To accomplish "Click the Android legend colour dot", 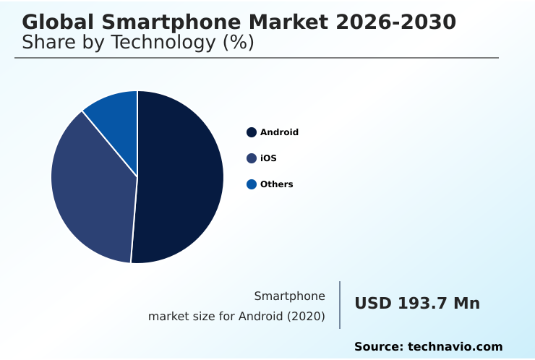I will pyautogui.click(x=252, y=132).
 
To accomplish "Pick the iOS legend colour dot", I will pyautogui.click(x=252, y=158).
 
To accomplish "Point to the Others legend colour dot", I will pyautogui.click(x=252, y=184).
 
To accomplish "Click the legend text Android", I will pyautogui.click(x=279, y=132).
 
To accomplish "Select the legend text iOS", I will pyautogui.click(x=268, y=158).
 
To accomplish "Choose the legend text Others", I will pyautogui.click(x=276, y=184).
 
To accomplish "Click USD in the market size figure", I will pyautogui.click(x=373, y=304).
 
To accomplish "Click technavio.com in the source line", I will pyautogui.click(x=455, y=347).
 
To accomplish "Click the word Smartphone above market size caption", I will pyautogui.click(x=289, y=296).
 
